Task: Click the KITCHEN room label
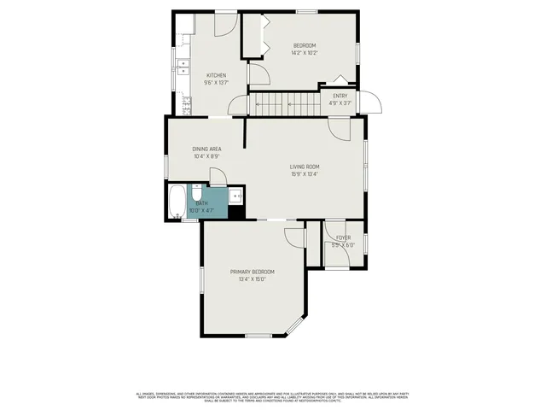[x=215, y=75]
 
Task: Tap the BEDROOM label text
[x=305, y=45]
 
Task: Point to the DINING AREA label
[x=207, y=149]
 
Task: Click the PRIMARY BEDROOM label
[x=252, y=271]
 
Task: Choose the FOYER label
[x=343, y=237]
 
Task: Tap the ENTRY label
[x=340, y=96]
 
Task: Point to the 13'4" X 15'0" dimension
[x=252, y=278]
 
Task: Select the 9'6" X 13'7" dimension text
[x=215, y=83]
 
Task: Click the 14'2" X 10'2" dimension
[x=305, y=53]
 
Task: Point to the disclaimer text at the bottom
[x=273, y=396]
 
